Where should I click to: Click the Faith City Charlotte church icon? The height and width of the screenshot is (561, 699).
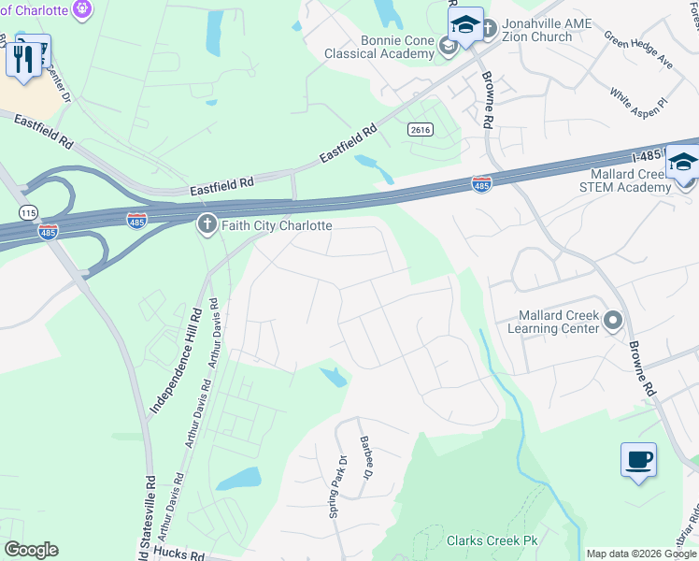point(207,224)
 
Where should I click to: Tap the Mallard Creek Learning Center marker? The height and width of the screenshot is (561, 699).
point(613,322)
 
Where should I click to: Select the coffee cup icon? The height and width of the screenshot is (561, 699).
point(638,460)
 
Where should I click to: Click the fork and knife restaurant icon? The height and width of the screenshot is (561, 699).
point(24,58)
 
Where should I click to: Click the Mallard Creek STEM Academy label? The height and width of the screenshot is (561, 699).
point(631,180)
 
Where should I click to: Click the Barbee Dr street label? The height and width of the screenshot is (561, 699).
point(364,460)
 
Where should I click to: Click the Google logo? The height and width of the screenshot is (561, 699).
point(31,550)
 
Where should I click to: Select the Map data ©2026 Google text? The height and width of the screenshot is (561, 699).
point(640,554)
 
